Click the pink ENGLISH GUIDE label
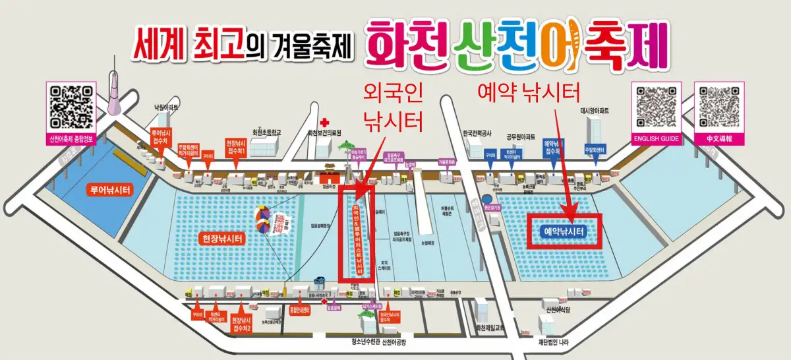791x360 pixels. (x=655, y=139)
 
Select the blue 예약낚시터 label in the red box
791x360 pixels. (x=566, y=231)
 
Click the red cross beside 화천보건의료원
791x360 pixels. (x=324, y=123)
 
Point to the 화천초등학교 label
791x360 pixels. (x=262, y=133)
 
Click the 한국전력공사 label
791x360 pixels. (x=478, y=131)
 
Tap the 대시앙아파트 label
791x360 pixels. (x=597, y=111)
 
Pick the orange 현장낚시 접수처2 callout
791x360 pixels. (x=241, y=323)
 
